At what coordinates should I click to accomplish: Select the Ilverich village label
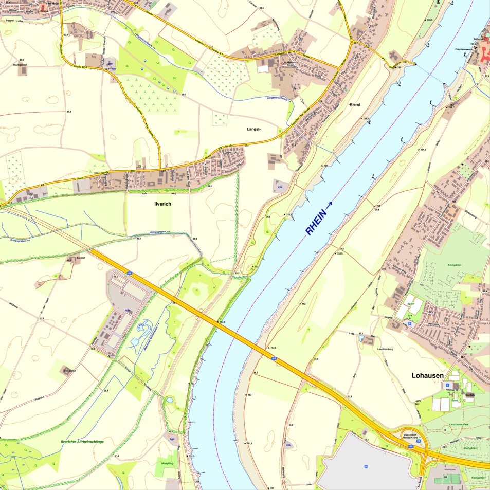162,204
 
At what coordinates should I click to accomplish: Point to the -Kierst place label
354,104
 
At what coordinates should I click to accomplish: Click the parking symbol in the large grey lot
366,467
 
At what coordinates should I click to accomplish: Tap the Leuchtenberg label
385,349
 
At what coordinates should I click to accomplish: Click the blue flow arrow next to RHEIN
330,204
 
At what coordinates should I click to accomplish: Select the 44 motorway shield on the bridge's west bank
130,274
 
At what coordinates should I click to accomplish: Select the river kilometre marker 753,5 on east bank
339,253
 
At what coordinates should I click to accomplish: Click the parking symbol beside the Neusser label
447,385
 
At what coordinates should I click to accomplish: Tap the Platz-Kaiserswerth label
465,49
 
